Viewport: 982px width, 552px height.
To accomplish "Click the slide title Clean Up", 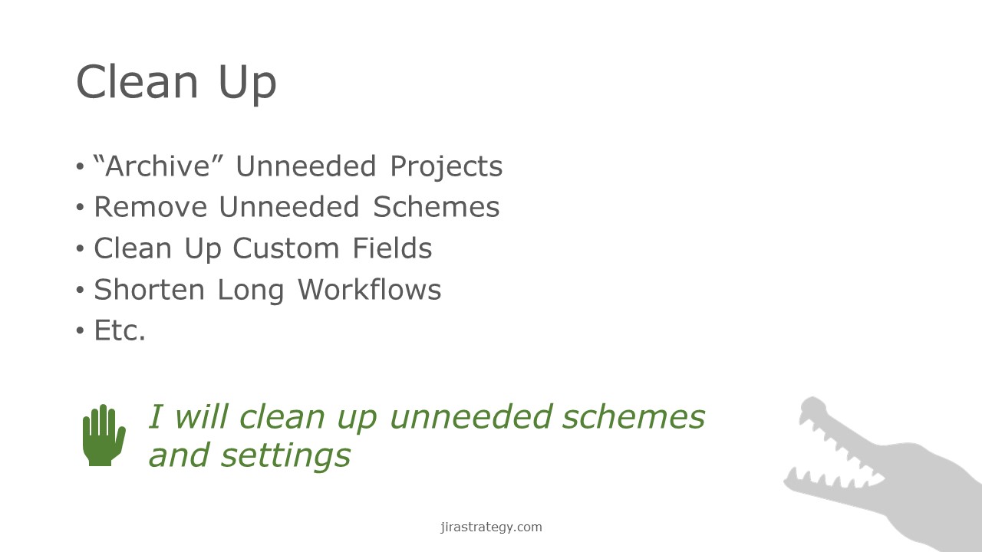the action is pyautogui.click(x=176, y=82).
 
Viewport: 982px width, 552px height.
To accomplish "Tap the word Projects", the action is pyautogui.click(x=446, y=167).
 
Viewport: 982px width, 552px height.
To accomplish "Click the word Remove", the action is pyautogui.click(x=150, y=207).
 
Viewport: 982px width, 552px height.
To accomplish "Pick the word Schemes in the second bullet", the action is pyautogui.click(x=437, y=207).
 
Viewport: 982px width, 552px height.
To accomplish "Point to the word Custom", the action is pyautogui.click(x=286, y=248).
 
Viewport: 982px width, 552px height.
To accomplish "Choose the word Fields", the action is pyautogui.click(x=392, y=248).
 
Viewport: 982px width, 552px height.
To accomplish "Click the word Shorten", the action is pyautogui.click(x=149, y=290).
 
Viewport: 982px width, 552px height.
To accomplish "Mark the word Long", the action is pyautogui.click(x=250, y=291).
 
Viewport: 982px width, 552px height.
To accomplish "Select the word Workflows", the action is pyautogui.click(x=370, y=290).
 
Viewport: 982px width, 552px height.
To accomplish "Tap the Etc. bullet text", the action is pyautogui.click(x=119, y=330).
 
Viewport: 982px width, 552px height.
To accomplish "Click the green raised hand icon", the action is pyautogui.click(x=104, y=435).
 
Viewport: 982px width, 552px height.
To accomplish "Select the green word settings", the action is pyautogui.click(x=285, y=456).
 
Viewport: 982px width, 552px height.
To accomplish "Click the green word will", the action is pyautogui.click(x=202, y=416).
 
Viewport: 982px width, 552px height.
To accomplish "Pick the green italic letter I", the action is pyautogui.click(x=156, y=416).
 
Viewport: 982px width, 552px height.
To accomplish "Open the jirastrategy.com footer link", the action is pyautogui.click(x=491, y=527).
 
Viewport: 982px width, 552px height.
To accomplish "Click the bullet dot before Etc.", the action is pyautogui.click(x=80, y=330).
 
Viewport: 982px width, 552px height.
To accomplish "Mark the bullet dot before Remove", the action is pyautogui.click(x=80, y=207).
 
